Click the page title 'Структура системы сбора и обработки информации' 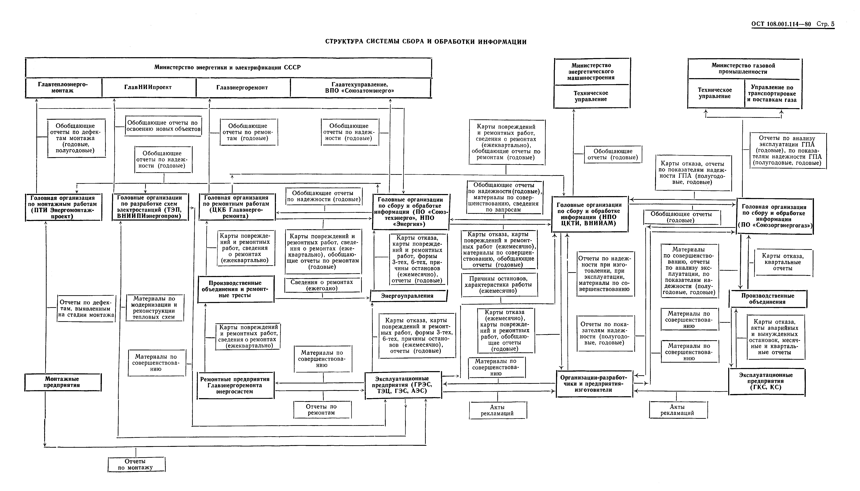click(x=426, y=42)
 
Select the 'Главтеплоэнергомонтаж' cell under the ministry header click(x=63, y=88)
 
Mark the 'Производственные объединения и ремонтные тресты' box click(x=235, y=289)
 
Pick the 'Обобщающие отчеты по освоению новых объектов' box click(x=163, y=126)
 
